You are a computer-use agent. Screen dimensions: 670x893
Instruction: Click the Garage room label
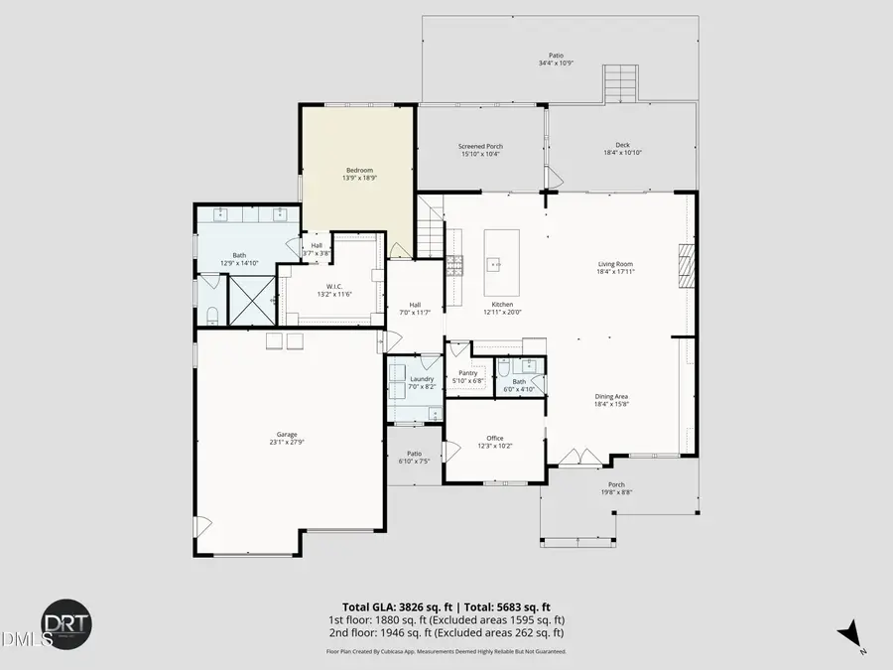tap(287, 434)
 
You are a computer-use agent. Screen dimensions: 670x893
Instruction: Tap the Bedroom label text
tap(358, 170)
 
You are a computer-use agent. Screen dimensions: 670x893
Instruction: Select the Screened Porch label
tap(480, 146)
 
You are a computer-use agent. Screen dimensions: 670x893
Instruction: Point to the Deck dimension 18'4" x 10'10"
tap(622, 153)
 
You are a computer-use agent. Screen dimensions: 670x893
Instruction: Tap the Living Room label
tap(615, 264)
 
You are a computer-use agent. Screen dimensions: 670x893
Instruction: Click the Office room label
tap(494, 438)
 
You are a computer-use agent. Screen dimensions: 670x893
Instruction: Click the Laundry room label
tap(422, 378)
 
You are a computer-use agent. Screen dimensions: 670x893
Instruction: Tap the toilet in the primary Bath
tap(212, 315)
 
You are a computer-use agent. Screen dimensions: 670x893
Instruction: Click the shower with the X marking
tap(251, 300)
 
